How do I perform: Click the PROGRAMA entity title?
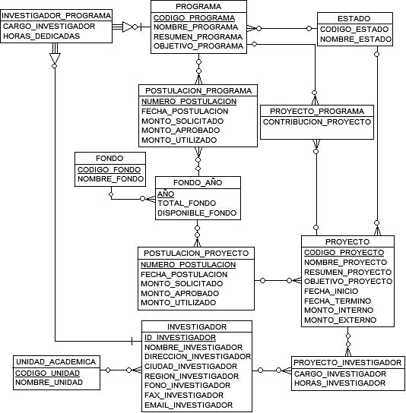[198, 6]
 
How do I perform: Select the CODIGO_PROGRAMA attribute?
[194, 18]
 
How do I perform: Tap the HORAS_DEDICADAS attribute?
[41, 36]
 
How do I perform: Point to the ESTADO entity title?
[354, 19]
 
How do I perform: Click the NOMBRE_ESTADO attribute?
[356, 39]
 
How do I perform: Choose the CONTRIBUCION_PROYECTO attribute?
[317, 122]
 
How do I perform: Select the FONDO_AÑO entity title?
[198, 182]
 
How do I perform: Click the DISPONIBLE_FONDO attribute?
[197, 213]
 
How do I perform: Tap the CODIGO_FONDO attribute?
[109, 169]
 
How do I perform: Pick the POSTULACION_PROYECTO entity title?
[196, 253]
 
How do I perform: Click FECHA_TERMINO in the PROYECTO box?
[338, 301]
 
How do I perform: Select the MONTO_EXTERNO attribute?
[340, 320]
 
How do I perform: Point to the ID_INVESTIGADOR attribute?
[180, 337]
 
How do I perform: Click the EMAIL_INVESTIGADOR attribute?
[189, 405]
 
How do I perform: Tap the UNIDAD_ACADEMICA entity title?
[56, 362]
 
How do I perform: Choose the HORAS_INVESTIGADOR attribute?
[340, 383]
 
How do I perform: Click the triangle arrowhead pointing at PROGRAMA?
[128, 27]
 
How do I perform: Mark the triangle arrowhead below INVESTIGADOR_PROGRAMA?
[55, 58]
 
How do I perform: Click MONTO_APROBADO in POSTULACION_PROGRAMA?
[180, 131]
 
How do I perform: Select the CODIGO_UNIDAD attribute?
[47, 374]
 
